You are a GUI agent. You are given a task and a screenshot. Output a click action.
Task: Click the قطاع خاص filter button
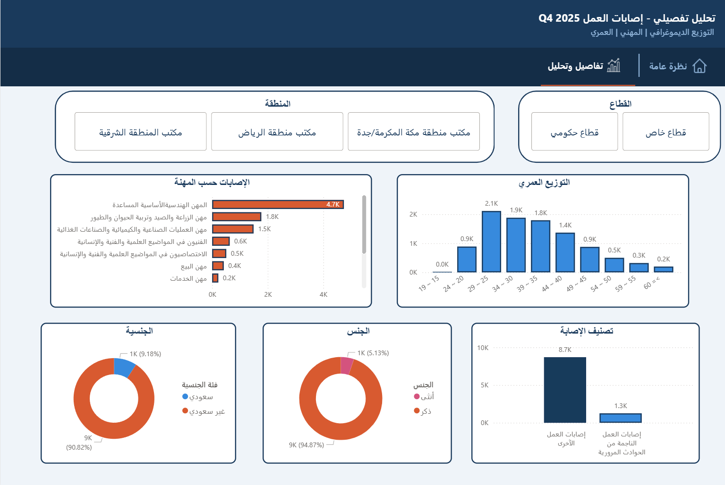(x=666, y=132)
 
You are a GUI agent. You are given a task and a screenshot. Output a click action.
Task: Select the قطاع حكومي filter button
(x=574, y=132)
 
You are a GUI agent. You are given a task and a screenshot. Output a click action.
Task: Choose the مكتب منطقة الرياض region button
(x=277, y=132)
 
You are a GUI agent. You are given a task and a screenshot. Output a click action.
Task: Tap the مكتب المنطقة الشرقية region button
(x=140, y=132)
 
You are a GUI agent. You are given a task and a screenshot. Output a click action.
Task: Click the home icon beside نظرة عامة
(x=699, y=66)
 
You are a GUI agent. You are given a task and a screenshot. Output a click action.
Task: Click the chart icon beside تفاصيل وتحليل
(x=614, y=66)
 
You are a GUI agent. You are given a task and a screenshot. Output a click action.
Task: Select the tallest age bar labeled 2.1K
(x=491, y=242)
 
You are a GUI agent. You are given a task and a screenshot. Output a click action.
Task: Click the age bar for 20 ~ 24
(x=467, y=259)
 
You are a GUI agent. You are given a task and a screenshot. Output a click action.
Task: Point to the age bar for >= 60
(x=664, y=269)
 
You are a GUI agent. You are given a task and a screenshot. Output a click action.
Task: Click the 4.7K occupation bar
(x=278, y=204)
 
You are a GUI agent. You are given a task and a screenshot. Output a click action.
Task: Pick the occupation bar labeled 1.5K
(x=233, y=229)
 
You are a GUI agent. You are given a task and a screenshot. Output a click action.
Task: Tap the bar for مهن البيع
(x=218, y=266)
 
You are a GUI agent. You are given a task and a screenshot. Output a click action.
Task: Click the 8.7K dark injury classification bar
(x=565, y=390)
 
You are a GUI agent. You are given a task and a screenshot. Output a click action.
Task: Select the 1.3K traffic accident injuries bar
(x=621, y=418)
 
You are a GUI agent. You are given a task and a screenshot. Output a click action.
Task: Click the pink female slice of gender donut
(x=347, y=366)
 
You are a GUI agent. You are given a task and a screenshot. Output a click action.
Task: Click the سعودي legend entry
(x=198, y=397)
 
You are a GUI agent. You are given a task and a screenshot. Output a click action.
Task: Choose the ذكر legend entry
(x=423, y=411)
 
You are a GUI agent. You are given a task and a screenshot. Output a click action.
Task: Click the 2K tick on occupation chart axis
(x=268, y=294)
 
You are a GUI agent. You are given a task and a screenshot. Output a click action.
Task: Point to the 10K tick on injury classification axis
(x=483, y=348)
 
